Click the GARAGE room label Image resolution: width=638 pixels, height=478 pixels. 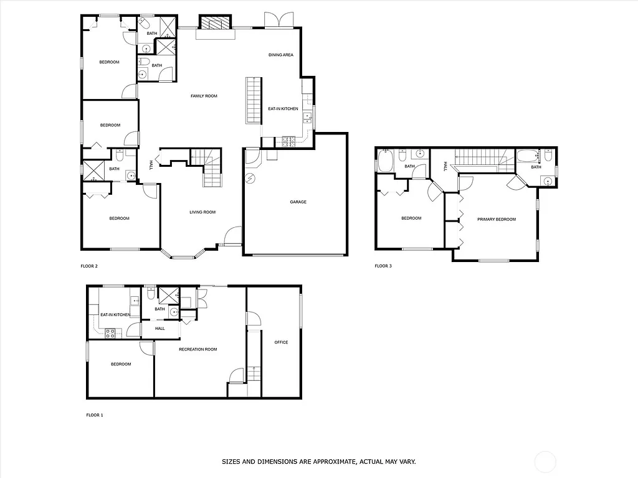pyautogui.click(x=298, y=202)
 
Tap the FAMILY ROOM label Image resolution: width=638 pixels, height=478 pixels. pyautogui.click(x=204, y=96)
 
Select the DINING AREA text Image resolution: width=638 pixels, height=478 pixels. pyautogui.click(x=280, y=55)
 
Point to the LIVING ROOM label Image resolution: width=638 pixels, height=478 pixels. pyautogui.click(x=202, y=212)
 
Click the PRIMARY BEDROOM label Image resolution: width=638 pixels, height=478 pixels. pyautogui.click(x=496, y=219)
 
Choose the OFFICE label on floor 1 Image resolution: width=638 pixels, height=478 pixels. pyautogui.click(x=281, y=342)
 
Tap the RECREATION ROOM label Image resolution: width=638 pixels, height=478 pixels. pyautogui.click(x=198, y=349)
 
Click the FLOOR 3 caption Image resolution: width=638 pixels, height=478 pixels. pyautogui.click(x=383, y=266)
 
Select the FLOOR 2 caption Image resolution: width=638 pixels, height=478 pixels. pyautogui.click(x=89, y=266)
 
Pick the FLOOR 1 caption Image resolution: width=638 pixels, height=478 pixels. pyautogui.click(x=95, y=414)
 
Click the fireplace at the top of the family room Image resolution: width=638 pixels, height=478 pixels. pyautogui.click(x=214, y=23)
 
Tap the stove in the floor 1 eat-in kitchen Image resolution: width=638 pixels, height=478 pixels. pyautogui.click(x=110, y=333)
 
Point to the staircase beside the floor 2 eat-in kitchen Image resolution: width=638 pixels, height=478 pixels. pyautogui.click(x=253, y=100)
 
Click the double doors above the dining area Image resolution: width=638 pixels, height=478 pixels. pyautogui.click(x=277, y=20)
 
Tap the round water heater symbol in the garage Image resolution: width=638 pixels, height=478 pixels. pyautogui.click(x=250, y=179)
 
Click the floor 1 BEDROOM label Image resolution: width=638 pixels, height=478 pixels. pyautogui.click(x=121, y=364)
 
